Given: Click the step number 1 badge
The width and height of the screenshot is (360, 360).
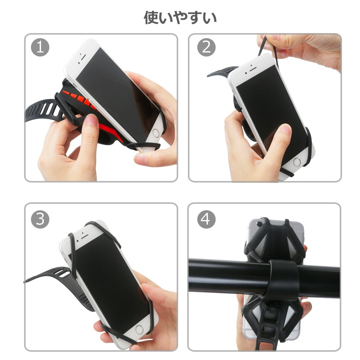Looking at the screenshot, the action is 40,47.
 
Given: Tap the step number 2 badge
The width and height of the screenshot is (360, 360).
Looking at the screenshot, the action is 206,47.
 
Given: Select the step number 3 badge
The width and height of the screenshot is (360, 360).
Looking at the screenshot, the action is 40,219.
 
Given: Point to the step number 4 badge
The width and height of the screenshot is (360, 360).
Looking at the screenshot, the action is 206,219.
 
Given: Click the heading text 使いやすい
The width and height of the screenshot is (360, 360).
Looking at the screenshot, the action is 180,18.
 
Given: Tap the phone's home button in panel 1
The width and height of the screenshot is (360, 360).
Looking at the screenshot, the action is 156,133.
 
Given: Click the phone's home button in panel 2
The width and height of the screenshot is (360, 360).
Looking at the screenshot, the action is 297,162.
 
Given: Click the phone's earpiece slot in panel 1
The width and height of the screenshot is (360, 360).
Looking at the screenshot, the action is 83,57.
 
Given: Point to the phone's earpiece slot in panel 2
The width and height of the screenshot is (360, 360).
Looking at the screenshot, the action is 253,69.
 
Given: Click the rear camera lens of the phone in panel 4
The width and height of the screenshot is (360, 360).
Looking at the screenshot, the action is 260,224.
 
